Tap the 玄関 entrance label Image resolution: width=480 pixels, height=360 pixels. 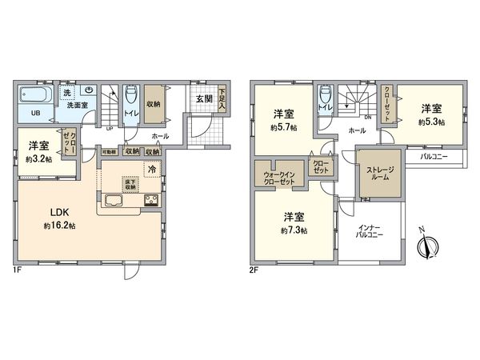[x=203, y=99]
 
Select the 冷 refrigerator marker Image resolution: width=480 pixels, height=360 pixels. [x=151, y=170]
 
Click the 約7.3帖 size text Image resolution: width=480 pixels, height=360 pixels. [x=294, y=230]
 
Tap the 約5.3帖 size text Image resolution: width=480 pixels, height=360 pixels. [x=430, y=122]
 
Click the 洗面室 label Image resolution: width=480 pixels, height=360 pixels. [x=77, y=104]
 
